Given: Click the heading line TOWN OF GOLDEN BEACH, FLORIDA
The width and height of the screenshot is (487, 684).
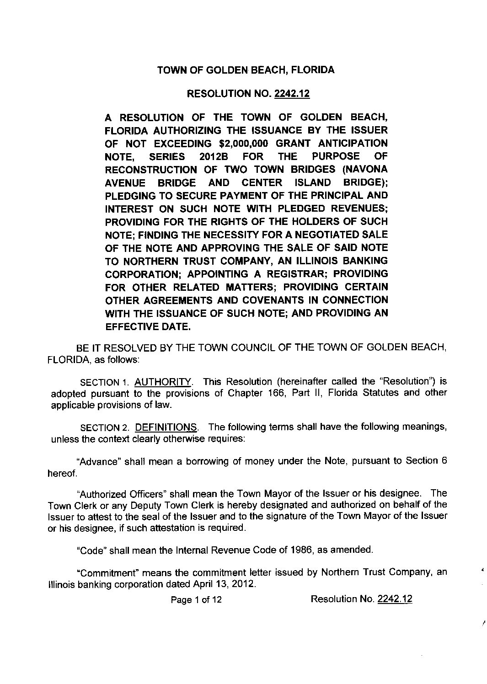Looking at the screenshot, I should [246, 70].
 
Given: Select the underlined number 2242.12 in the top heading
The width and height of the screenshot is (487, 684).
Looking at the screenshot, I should [292, 94].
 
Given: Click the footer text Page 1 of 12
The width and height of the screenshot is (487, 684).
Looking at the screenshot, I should [196, 599].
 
